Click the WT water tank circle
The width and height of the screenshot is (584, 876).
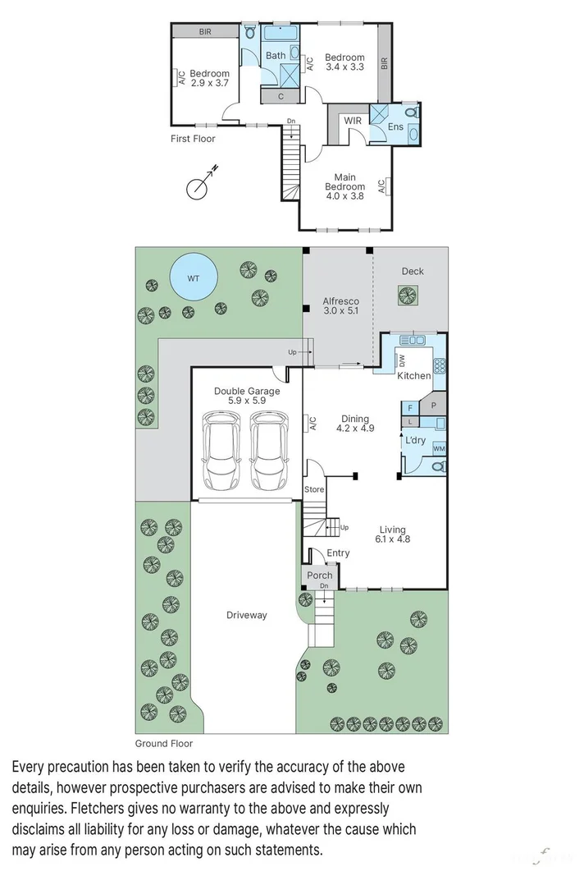coord(194,278)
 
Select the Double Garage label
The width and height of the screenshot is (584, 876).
coord(247,397)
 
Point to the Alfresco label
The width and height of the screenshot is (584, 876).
coord(340,306)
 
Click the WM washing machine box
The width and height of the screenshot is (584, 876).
coord(439,448)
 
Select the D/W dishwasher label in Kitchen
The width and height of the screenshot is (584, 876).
coord(402,360)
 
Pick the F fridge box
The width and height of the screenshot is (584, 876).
coord(410,407)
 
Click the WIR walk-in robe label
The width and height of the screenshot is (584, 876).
coord(353,121)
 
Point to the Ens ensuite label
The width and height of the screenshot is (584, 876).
coord(395,127)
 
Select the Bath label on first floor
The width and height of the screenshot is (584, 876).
coord(276,56)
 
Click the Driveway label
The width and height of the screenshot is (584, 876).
coord(247,615)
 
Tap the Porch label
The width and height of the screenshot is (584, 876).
coord(320,576)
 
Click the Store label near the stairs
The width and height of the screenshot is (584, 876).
coord(314,489)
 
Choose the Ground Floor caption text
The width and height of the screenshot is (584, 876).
coord(163,744)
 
